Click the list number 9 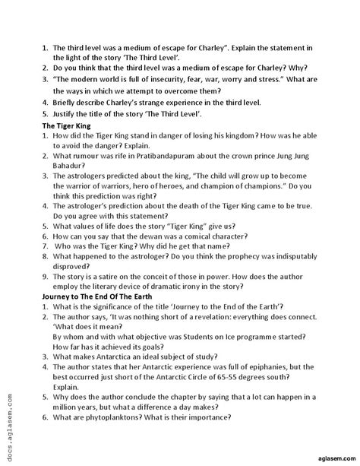(46, 276)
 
